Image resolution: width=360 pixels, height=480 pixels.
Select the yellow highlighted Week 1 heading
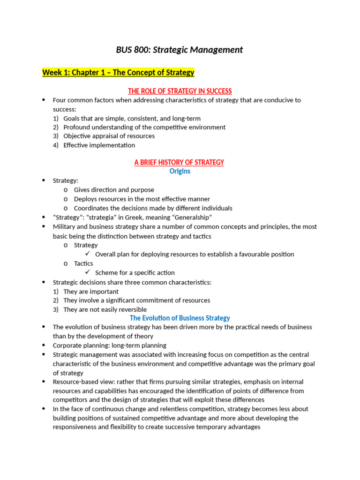pyautogui.click(x=118, y=73)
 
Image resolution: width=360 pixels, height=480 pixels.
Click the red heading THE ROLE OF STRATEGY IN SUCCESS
pyautogui.click(x=180, y=91)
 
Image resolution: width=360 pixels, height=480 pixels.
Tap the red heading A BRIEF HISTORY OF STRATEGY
pyautogui.click(x=179, y=162)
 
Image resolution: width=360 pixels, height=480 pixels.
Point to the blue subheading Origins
pyautogui.click(x=180, y=171)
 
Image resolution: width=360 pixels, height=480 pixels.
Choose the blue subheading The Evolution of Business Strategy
pyautogui.click(x=180, y=318)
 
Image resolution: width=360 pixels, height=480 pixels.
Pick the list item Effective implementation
pyautogui.click(x=99, y=145)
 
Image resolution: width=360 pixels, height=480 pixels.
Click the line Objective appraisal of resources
pyautogui.click(x=109, y=136)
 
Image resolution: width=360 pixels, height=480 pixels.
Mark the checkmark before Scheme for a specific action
pyautogui.click(x=88, y=272)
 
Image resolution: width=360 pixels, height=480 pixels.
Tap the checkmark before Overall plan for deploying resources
pyautogui.click(x=88, y=254)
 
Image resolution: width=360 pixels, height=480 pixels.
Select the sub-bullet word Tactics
pyautogui.click(x=83, y=263)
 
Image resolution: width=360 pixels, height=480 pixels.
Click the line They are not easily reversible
pyautogui.click(x=105, y=309)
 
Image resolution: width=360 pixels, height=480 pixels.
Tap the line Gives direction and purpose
pyautogui.click(x=114, y=190)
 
